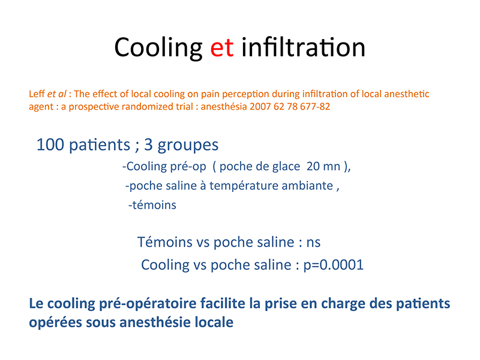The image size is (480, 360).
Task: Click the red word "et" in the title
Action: click(x=222, y=48)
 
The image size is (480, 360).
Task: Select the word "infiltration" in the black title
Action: click(x=304, y=47)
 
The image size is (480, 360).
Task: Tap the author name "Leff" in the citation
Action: click(x=37, y=94)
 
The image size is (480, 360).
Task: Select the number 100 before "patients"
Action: click(x=50, y=145)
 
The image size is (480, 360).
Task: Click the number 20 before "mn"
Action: click(x=313, y=166)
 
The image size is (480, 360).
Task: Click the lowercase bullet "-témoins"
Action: click(x=152, y=205)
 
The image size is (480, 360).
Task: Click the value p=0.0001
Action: click(x=334, y=265)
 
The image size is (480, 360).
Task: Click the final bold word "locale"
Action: click(x=214, y=322)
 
